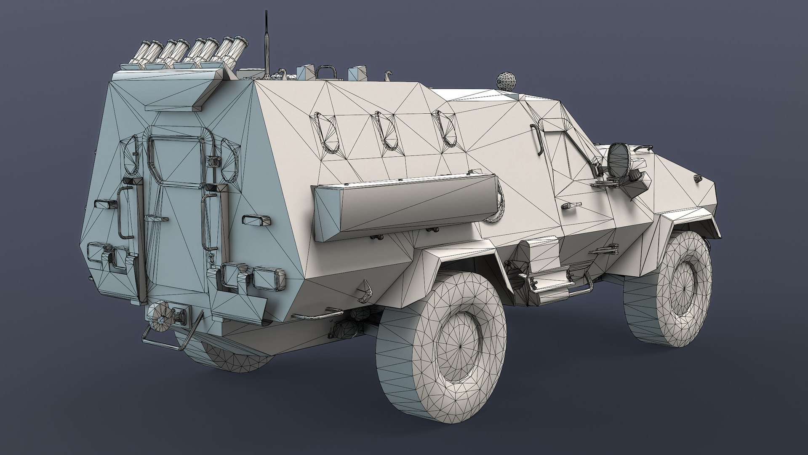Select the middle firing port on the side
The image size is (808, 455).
pos(385,131)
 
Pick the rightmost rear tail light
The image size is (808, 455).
pos(268,277)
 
